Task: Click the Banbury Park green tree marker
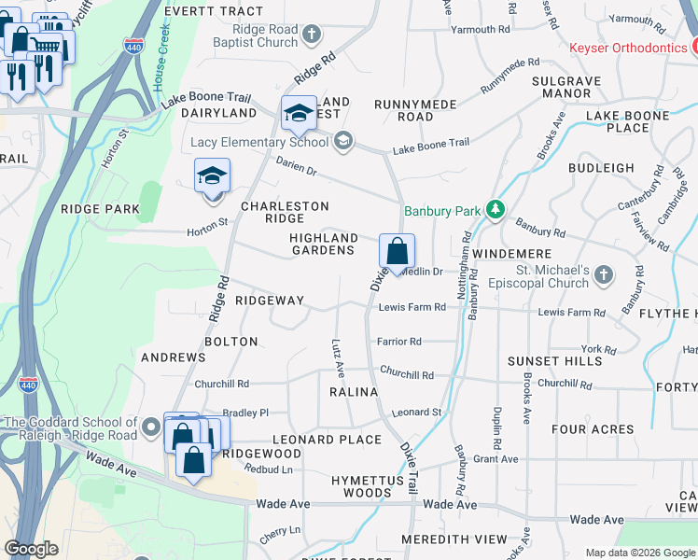(x=497, y=210)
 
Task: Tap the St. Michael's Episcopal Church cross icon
(x=604, y=274)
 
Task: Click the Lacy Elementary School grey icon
(x=342, y=142)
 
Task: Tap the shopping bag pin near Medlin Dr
(x=398, y=252)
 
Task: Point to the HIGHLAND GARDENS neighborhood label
(x=323, y=244)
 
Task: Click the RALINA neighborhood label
(x=354, y=392)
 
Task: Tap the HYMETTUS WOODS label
(x=362, y=486)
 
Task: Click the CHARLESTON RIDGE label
(x=285, y=212)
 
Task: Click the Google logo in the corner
(x=31, y=549)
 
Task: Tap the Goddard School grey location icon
(x=151, y=429)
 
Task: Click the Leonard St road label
(x=416, y=412)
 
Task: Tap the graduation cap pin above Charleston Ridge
(x=212, y=175)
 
